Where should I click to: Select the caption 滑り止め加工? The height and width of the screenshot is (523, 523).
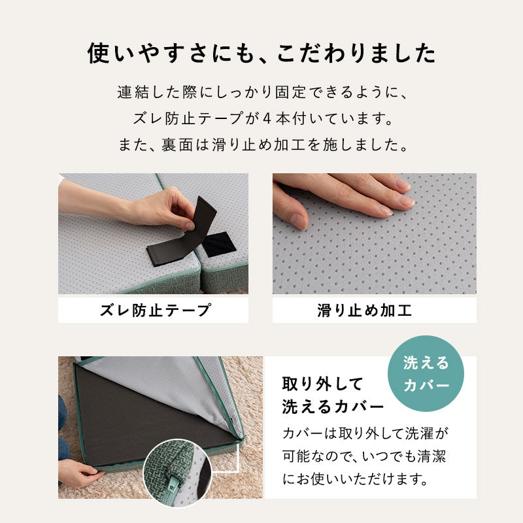(373, 310)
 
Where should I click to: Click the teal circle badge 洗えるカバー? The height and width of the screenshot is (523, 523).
(426, 373)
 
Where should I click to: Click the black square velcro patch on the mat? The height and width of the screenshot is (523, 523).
(220, 244)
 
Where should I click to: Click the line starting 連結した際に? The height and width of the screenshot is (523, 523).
(261, 93)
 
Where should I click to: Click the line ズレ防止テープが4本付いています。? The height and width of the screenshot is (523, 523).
(261, 120)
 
